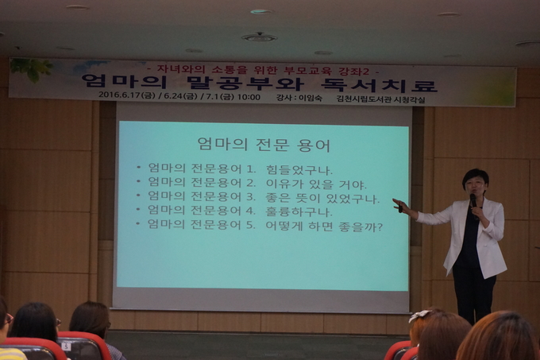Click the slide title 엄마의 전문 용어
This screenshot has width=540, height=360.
tap(264, 145)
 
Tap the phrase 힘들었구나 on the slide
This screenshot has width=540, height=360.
tap(299, 169)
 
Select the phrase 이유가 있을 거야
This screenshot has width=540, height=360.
tap(316, 184)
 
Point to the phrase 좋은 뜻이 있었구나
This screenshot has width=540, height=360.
tap(322, 199)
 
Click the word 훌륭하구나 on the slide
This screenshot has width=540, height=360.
tap(299, 211)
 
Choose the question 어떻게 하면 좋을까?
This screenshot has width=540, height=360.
tap(324, 226)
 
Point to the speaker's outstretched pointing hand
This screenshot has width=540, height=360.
tap(400, 205)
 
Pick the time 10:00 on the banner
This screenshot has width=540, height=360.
tap(249, 97)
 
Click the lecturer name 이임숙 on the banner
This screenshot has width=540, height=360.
tap(310, 98)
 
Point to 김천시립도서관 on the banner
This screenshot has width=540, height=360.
tap(365, 99)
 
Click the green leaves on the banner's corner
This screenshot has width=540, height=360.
tap(32, 69)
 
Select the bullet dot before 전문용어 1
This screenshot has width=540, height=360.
tap(138, 168)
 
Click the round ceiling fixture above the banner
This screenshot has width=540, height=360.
tap(259, 37)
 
